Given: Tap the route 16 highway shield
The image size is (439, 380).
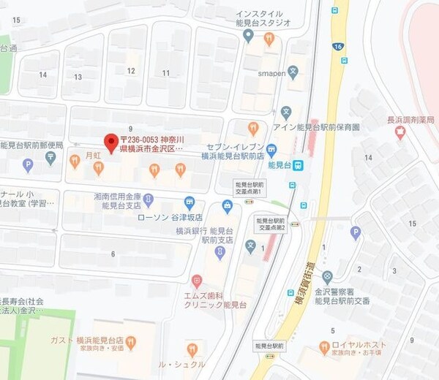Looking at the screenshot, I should pos(338,46).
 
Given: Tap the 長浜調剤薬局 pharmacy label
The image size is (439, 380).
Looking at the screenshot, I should pos(410,120).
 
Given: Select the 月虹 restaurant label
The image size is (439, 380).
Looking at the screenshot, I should pos(91,156).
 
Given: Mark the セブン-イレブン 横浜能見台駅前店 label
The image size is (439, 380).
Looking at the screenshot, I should pos(233,151).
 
